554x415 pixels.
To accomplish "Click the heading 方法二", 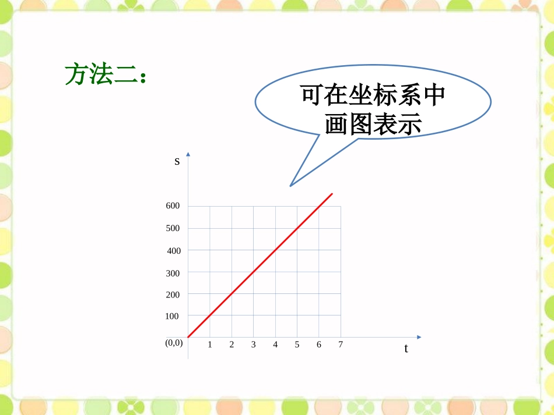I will [104, 75].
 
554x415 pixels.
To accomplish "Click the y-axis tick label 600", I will [173, 206].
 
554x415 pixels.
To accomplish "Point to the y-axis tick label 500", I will [173, 228].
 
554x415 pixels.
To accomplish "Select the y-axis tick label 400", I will [174, 251].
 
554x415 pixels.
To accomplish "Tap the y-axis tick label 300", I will [173, 273].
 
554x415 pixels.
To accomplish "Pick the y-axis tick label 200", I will [173, 295].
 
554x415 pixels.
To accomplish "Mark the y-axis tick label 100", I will [172, 316].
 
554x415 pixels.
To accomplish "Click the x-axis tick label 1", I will [210, 345].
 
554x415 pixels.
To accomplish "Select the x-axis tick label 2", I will [232, 345].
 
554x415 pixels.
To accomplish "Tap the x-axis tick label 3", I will [254, 345].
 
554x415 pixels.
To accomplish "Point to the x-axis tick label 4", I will [275, 345].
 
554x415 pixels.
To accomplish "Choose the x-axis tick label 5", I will [297, 345].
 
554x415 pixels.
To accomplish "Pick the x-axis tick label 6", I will [319, 345].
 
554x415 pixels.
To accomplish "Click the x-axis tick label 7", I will [341, 345].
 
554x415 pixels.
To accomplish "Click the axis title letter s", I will [177, 161].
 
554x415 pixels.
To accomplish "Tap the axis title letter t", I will [406, 349].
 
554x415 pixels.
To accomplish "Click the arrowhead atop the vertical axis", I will [188, 154].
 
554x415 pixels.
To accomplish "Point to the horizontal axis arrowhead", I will [418, 337].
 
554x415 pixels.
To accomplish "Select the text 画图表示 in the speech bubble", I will [373, 123].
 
